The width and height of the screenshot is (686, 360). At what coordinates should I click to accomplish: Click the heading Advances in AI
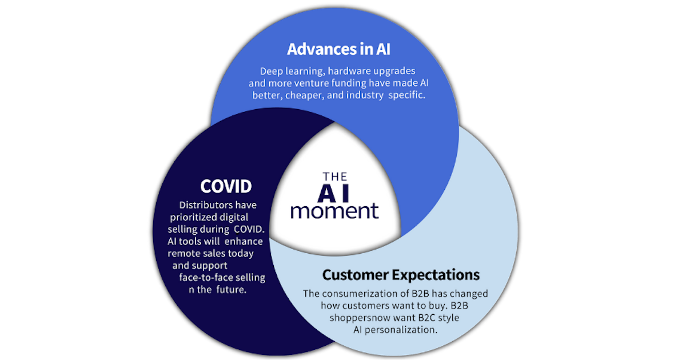tap(338, 49)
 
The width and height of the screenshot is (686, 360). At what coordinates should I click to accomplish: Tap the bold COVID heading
tap(226, 186)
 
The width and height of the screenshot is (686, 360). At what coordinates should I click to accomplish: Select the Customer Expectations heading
tap(401, 275)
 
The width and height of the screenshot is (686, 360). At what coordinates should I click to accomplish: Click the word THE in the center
tap(335, 177)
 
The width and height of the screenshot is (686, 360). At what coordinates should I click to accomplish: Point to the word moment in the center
tap(335, 211)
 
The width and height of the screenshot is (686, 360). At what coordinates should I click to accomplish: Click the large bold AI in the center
tap(333, 193)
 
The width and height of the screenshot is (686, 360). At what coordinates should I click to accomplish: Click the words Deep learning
tap(292, 71)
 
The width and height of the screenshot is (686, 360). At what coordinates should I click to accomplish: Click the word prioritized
tap(194, 217)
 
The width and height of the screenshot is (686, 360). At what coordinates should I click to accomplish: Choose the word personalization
tap(401, 330)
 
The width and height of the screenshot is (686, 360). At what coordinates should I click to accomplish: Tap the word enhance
tap(244, 242)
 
